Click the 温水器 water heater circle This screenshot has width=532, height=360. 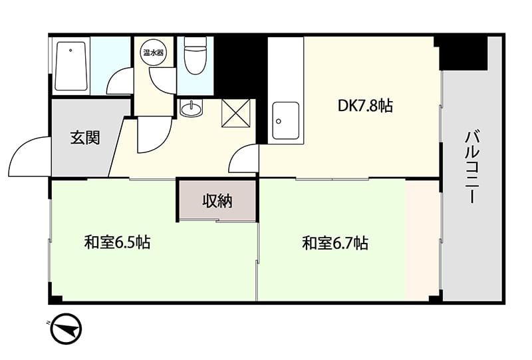click(154, 53)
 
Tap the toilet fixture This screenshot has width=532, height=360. click(196, 55)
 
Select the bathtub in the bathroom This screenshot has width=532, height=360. click(71, 67)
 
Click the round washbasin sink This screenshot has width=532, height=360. click(191, 108)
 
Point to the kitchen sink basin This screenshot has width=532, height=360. click(286, 120)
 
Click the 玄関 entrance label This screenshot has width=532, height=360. click(85, 138)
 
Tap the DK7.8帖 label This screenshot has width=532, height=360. click(365, 106)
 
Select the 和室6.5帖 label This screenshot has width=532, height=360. click(118, 242)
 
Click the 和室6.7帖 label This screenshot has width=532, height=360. click(335, 243)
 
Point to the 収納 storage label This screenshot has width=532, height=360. click(217, 201)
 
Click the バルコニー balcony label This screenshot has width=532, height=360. click(472, 167)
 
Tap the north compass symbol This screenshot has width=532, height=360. click(66, 329)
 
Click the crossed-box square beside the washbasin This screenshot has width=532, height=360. click(235, 113)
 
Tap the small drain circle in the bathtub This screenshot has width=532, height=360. click(70, 51)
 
